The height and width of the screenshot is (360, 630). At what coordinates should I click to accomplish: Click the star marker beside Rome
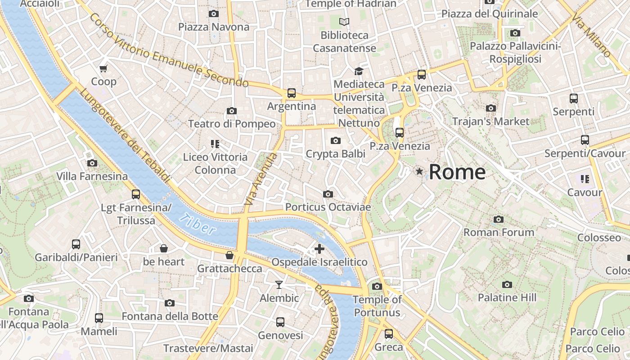[x=419, y=171]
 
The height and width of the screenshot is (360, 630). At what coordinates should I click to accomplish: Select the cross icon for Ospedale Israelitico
[x=319, y=249]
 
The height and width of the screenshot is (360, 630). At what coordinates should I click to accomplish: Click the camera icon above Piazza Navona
[x=214, y=14]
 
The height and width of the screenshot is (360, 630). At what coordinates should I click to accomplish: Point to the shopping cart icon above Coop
[x=103, y=69]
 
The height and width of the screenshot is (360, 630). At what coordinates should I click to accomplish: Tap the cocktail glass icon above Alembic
[x=279, y=285]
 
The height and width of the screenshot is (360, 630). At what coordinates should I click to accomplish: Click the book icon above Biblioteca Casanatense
[x=344, y=22]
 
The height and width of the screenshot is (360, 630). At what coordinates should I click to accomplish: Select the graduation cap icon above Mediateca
[x=359, y=71]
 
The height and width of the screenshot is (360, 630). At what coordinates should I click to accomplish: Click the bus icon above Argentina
[x=292, y=93]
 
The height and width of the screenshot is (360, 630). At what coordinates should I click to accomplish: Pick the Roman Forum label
[x=499, y=232]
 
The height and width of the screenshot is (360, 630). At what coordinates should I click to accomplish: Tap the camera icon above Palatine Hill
[x=507, y=285]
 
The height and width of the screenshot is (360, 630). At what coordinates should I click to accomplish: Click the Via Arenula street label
[x=261, y=179]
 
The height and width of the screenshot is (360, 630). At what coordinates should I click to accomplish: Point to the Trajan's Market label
[x=490, y=121]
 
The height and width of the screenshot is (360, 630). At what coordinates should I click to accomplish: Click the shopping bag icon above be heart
[x=164, y=248]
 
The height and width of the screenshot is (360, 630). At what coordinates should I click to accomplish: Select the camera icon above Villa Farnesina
[x=92, y=163]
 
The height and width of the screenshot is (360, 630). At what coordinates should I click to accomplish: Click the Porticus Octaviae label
[x=328, y=207]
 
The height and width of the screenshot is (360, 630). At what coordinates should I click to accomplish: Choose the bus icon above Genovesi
[x=280, y=322]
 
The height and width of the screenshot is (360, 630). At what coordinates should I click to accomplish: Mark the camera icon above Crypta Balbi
[x=335, y=141]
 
